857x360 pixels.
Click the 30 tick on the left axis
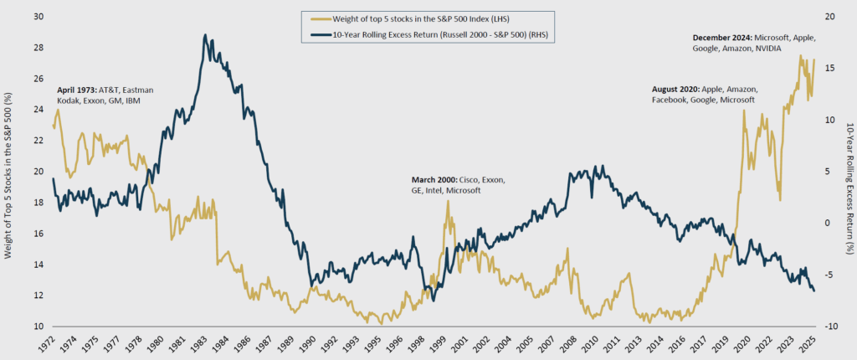pyautogui.click(x=38, y=17)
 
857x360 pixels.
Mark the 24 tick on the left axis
pyautogui.click(x=38, y=110)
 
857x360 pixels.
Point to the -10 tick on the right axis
pyautogui.click(x=831, y=327)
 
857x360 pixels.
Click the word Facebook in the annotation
pyautogui.click(x=672, y=100)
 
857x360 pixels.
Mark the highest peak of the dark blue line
pyautogui.click(x=205, y=35)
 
